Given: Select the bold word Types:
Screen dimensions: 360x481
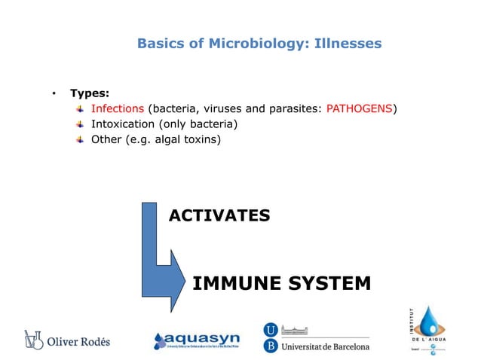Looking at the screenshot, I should click(x=90, y=93).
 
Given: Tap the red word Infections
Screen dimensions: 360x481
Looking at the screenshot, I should click(x=117, y=108).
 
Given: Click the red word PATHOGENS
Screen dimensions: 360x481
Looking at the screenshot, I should click(x=359, y=108).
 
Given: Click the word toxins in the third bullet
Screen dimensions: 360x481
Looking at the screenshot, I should click(x=204, y=139).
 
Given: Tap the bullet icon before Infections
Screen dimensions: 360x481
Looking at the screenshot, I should click(x=80, y=108).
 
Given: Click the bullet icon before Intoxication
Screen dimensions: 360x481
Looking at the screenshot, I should click(x=80, y=124).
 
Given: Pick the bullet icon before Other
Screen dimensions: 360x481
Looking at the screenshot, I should click(x=80, y=139).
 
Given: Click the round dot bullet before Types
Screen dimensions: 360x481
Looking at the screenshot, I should click(x=54, y=93).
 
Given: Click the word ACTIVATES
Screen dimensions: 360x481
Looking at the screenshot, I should click(x=219, y=216).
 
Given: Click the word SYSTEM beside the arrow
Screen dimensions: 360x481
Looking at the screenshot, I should click(x=329, y=283).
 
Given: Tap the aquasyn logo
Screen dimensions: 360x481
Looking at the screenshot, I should click(x=198, y=340).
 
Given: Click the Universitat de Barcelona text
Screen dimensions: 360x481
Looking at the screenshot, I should click(x=325, y=346).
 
